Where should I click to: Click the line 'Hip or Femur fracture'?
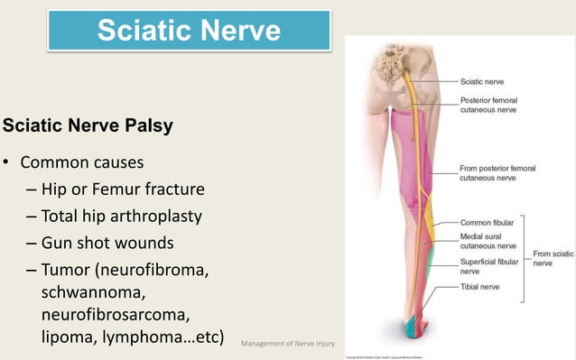point(123,190)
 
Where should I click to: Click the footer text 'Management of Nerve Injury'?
point(287,343)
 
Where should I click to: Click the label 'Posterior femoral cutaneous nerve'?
point(489,106)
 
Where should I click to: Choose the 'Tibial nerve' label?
point(480,290)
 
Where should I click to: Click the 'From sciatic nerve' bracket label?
point(553,258)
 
